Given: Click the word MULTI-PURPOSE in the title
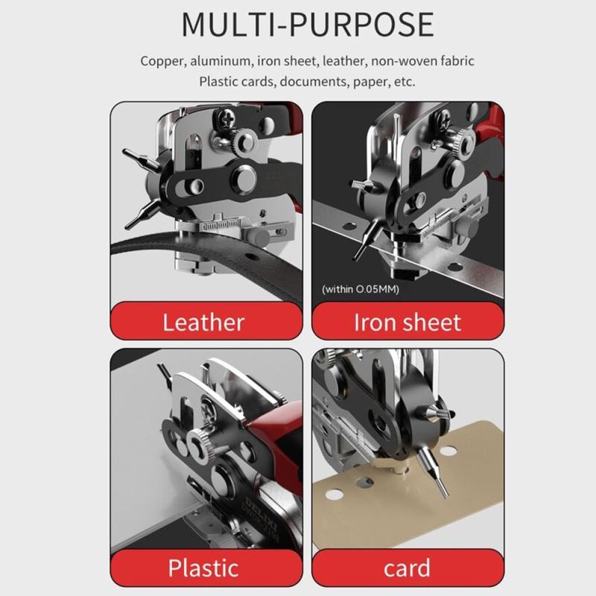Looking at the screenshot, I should [307, 24].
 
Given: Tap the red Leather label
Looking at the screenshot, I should [203, 323].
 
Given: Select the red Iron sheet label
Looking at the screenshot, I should [408, 323].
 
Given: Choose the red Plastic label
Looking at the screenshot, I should [203, 568].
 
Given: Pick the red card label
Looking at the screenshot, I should [408, 568].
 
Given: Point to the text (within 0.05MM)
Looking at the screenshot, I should [361, 289].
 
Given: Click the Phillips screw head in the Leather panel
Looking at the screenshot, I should [223, 117].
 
